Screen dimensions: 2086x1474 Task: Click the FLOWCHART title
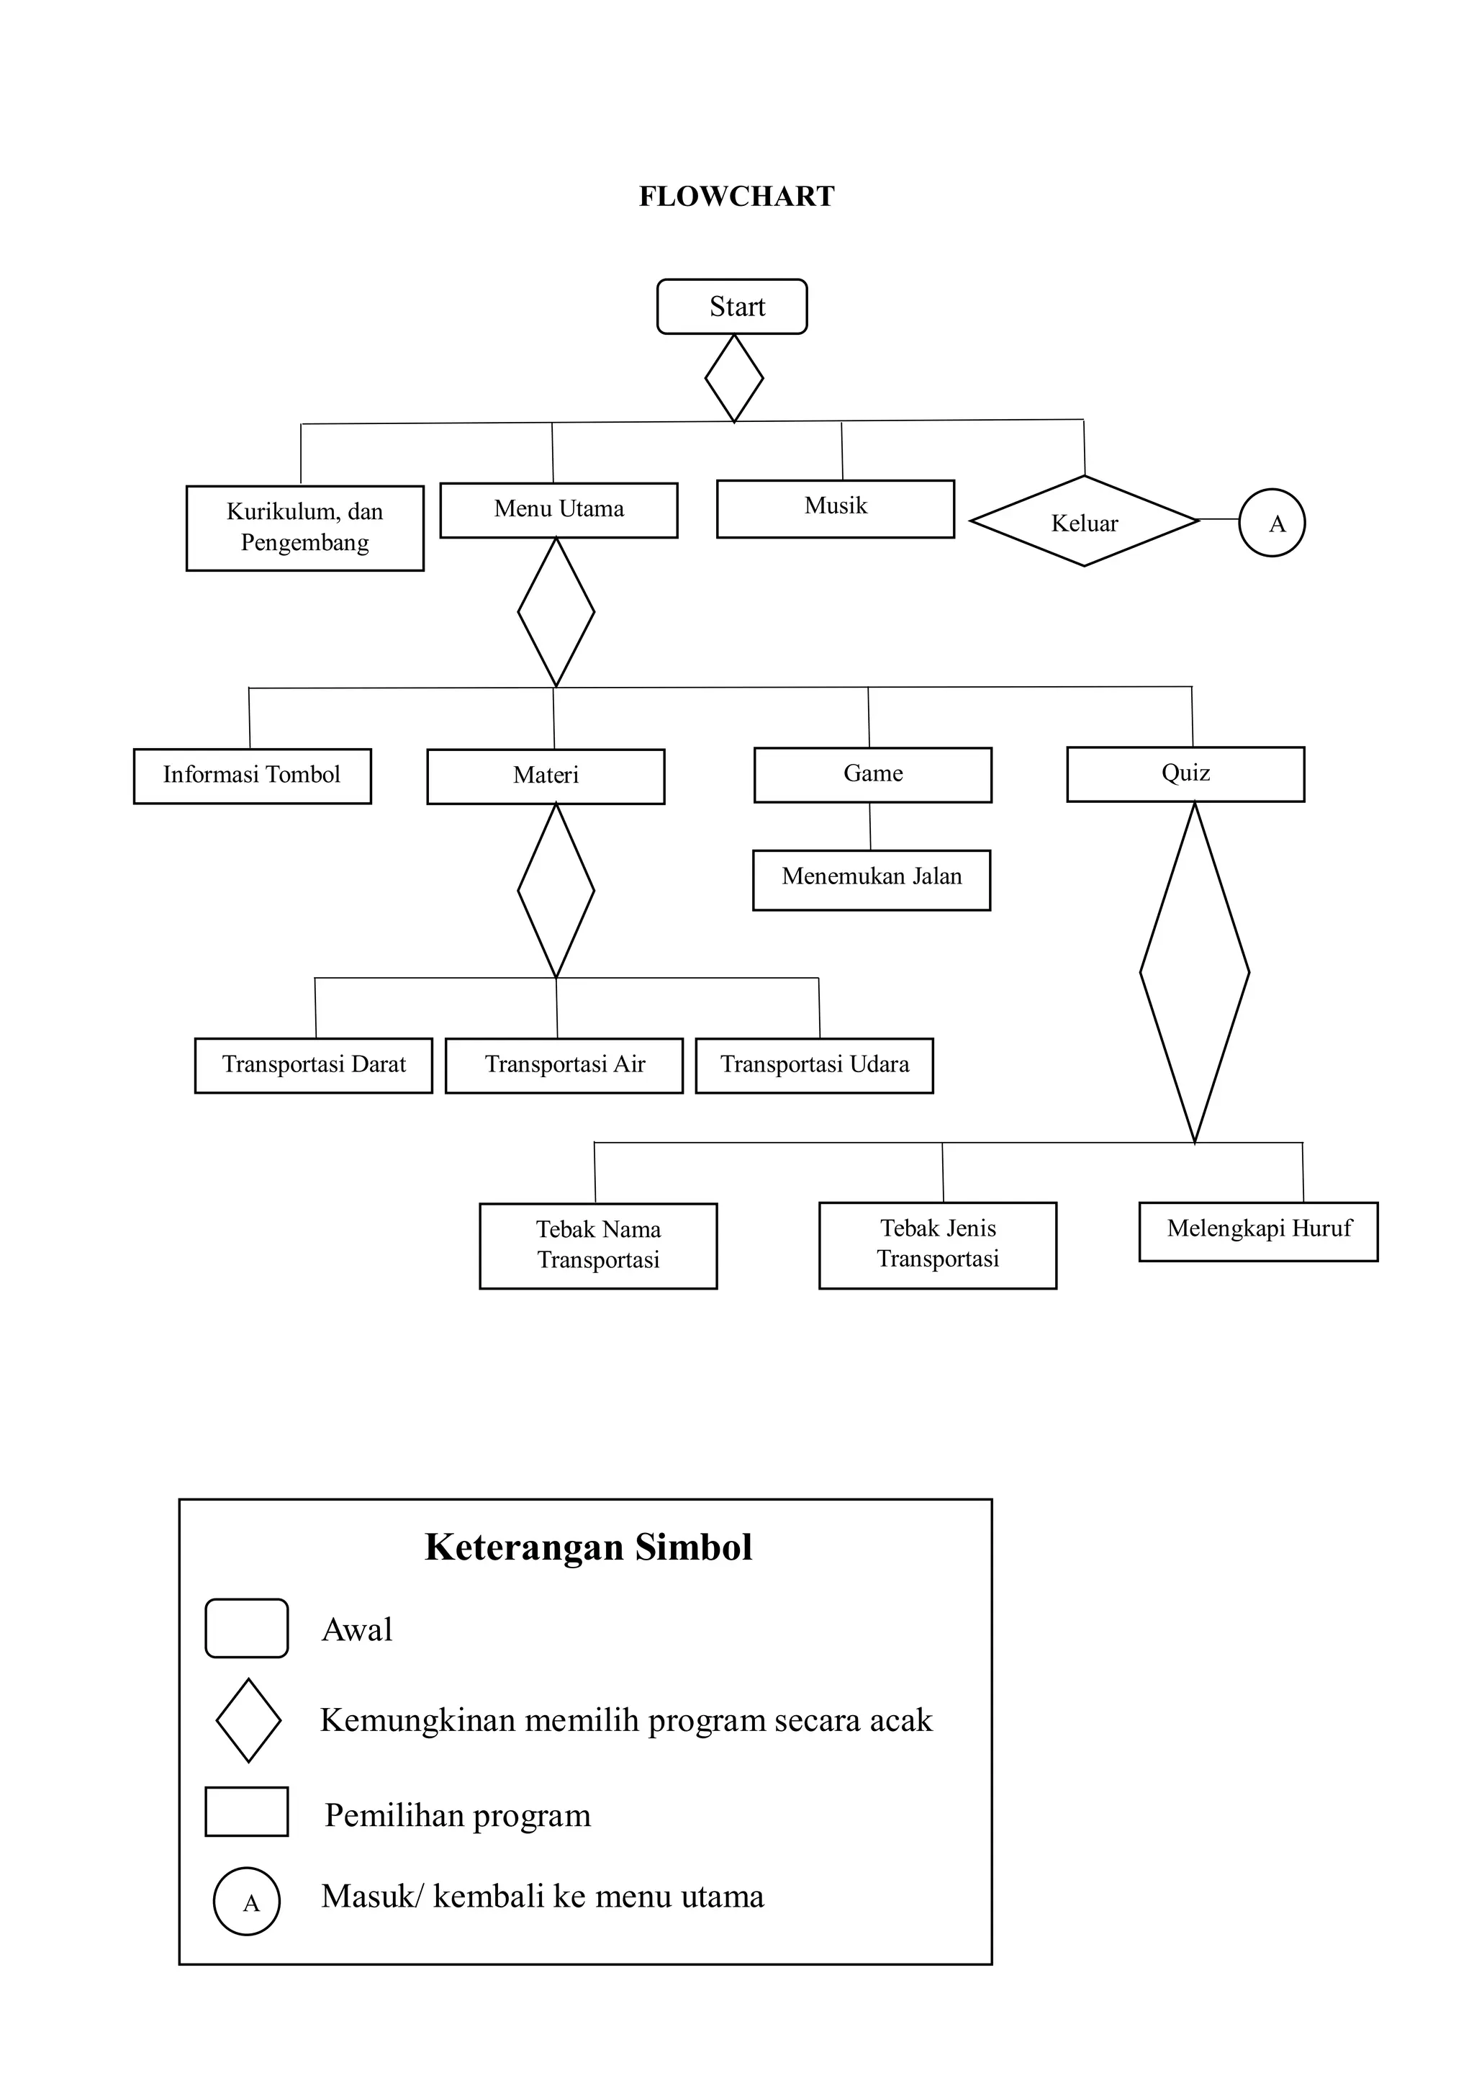coord(736,197)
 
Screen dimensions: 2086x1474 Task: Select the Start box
coord(732,306)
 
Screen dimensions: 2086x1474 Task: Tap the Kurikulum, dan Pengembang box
coord(305,528)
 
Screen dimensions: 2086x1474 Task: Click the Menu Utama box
coord(559,510)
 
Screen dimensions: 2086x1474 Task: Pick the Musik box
coord(835,508)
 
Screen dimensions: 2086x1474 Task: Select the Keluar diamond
coord(1085,521)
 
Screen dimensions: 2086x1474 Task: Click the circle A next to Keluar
coord(1272,523)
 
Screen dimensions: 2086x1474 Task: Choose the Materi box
coord(546,776)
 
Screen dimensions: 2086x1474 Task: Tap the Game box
coord(873,774)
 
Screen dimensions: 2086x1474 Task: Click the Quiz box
coord(1185,773)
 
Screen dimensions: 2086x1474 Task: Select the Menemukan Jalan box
coord(871,878)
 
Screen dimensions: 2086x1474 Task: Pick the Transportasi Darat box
coord(313,1065)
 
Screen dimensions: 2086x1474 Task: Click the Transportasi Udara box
coord(814,1065)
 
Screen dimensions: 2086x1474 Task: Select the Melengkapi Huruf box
coord(1258,1231)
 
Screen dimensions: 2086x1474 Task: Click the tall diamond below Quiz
coord(1194,972)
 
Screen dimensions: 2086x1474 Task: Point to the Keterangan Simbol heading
coord(589,1547)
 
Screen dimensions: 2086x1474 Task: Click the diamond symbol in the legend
coord(248,1720)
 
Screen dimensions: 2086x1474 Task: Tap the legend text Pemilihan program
coord(458,1815)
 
